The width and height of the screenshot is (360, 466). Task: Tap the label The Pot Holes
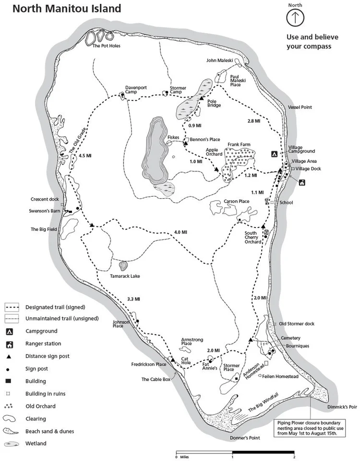[x=106, y=46]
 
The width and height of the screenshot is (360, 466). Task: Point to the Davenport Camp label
[x=135, y=90]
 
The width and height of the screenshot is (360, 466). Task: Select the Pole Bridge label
[x=214, y=103]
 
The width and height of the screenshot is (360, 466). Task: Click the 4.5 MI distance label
[x=84, y=156]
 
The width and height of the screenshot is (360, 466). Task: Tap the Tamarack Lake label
[x=126, y=276]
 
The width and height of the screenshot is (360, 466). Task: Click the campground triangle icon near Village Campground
[x=274, y=155]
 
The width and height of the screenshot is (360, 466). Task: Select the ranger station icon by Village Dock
[x=302, y=182]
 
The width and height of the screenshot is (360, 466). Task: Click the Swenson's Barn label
[x=44, y=211]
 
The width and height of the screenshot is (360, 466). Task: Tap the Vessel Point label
[x=299, y=107]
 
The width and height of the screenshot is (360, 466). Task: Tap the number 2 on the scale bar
[x=294, y=457]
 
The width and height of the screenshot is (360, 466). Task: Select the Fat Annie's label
[x=210, y=366]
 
